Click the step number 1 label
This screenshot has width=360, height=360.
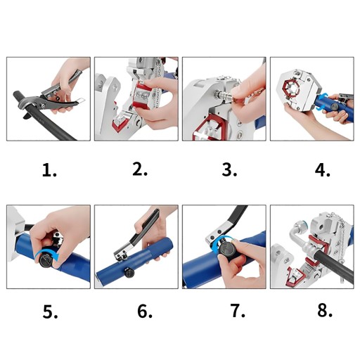(x=49, y=170)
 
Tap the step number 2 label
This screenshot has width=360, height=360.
(x=140, y=169)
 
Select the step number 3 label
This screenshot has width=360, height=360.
(x=229, y=169)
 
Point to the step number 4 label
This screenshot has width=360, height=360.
(x=323, y=170)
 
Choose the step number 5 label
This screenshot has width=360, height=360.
(x=50, y=311)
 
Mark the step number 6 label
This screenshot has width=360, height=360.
(x=145, y=311)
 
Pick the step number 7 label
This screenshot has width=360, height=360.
(x=238, y=311)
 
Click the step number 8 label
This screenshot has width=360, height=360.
(x=325, y=310)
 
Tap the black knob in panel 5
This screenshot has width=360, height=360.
(x=46, y=261)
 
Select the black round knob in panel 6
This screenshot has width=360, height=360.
(x=129, y=273)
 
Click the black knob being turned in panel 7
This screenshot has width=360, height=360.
(x=226, y=250)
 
